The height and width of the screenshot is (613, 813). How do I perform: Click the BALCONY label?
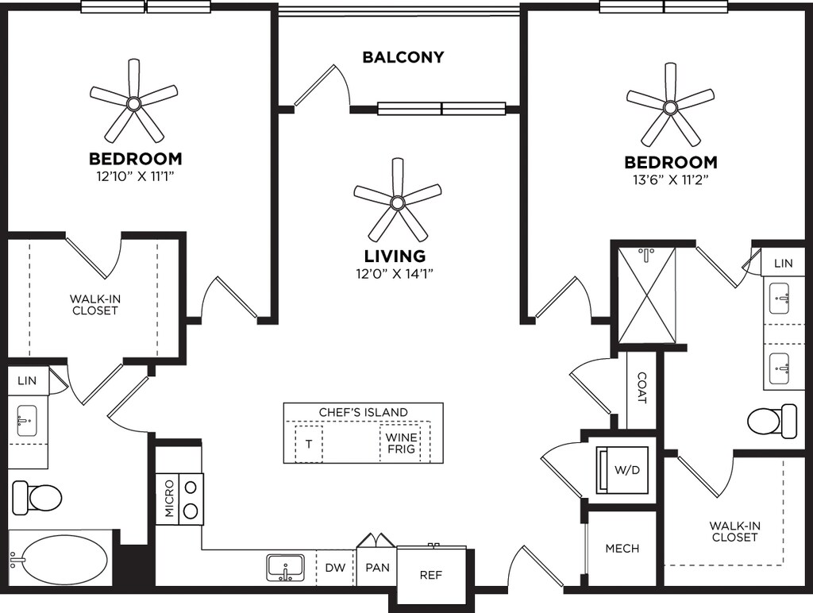[x=403, y=57]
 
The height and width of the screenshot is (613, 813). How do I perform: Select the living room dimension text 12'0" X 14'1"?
[x=395, y=274]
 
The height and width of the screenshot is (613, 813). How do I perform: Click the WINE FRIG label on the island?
[x=401, y=443]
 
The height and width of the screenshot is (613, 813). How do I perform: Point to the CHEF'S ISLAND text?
[x=363, y=412]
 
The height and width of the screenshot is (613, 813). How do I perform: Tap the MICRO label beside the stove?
[x=169, y=498]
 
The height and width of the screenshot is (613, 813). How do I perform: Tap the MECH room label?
[x=622, y=549]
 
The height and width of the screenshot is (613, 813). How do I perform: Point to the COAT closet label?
[x=642, y=388]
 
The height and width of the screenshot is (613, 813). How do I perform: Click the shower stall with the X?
[x=648, y=295]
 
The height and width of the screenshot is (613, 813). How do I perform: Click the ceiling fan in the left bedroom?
[x=133, y=103]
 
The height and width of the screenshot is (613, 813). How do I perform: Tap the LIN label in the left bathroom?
[x=26, y=381]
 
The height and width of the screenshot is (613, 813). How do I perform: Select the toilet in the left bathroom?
[x=37, y=498]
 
